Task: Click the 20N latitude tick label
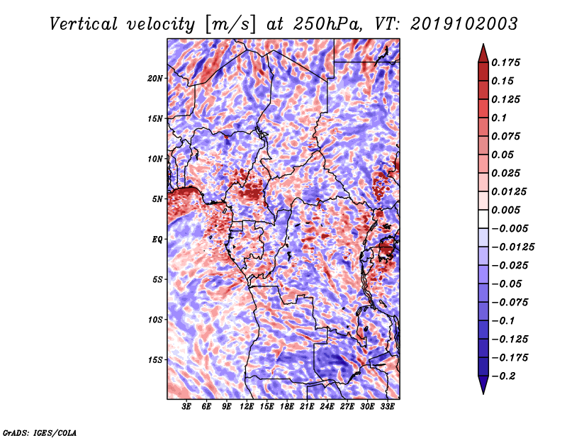click(155, 79)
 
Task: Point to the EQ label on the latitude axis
click(157, 240)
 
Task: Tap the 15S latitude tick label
click(155, 360)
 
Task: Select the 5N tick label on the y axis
click(157, 199)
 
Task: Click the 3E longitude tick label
click(186, 407)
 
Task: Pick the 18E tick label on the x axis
click(287, 407)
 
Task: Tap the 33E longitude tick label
click(387, 407)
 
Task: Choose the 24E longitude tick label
click(327, 407)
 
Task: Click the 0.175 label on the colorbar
click(505, 62)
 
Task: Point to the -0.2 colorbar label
click(503, 376)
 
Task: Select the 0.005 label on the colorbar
click(505, 210)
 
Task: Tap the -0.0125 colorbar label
click(512, 247)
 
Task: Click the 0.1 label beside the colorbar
click(499, 118)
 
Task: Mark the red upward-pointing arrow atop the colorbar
click(483, 54)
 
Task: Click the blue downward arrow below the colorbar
click(483, 385)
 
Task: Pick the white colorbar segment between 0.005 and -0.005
click(483, 219)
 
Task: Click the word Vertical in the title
click(84, 24)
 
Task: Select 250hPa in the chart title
click(327, 24)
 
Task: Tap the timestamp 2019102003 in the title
click(464, 24)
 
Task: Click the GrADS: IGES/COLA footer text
click(40, 432)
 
